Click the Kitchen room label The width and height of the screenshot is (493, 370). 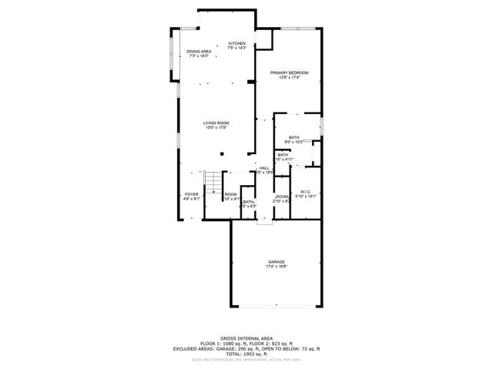tap(236, 44)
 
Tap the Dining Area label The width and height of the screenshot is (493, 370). tap(199, 52)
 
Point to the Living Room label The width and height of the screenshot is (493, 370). tap(216, 123)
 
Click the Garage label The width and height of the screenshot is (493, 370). tap(277, 263)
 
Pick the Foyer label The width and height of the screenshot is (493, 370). tap(192, 194)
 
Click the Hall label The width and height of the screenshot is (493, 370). tap(264, 168)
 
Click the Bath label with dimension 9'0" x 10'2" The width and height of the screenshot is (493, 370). tap(294, 137)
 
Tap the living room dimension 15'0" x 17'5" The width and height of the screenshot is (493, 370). tap(216, 127)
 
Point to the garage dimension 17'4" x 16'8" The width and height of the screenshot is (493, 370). tap(277, 267)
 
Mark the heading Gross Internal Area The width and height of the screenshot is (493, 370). tap(246, 338)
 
